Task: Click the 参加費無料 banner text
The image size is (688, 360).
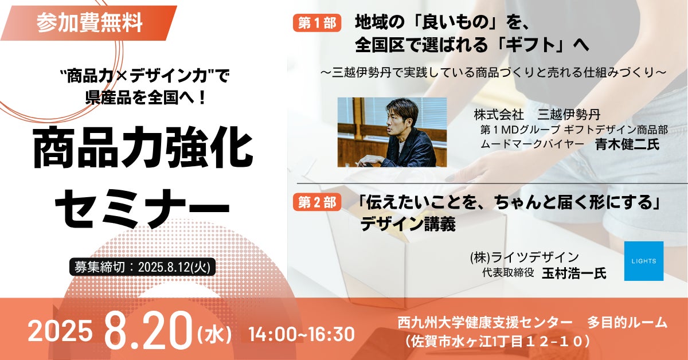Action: click(89, 23)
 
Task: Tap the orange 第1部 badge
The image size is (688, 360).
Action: click(317, 23)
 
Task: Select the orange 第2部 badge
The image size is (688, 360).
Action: click(317, 202)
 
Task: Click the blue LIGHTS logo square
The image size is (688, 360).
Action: click(644, 261)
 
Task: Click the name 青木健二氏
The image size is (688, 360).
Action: click(627, 144)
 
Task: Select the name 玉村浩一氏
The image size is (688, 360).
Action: click(574, 273)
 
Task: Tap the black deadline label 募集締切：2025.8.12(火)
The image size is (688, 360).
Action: click(142, 267)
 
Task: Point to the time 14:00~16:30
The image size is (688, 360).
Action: click(302, 335)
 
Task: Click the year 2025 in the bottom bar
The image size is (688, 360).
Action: click(61, 331)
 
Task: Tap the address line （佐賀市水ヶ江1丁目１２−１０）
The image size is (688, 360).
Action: click(498, 341)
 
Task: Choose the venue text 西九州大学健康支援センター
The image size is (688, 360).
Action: click(484, 323)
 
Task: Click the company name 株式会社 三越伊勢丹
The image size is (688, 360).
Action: click(537, 115)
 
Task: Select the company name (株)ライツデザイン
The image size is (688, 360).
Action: click(524, 257)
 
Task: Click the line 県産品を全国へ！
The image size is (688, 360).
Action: click(145, 97)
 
